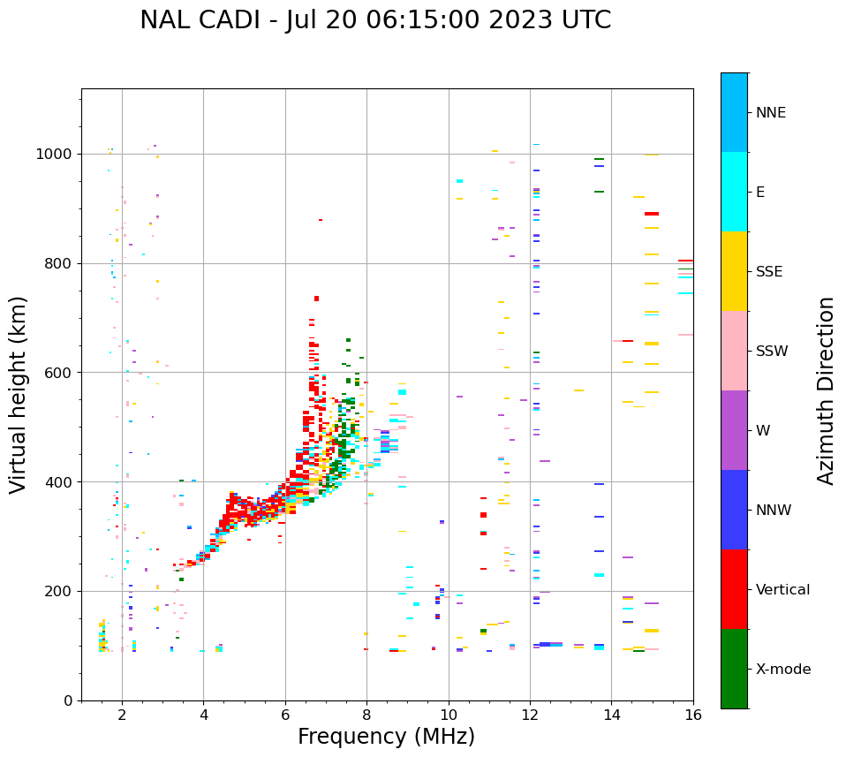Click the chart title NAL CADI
(374, 20)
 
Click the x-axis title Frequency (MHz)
(386, 737)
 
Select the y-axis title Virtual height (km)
(19, 394)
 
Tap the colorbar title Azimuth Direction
(826, 390)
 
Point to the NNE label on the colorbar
(770, 113)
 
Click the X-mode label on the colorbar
(782, 670)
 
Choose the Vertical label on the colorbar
(782, 590)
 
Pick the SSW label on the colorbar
(772, 352)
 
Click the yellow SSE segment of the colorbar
(734, 271)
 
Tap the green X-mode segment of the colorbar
(734, 669)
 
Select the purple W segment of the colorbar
(734, 430)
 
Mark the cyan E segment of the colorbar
(734, 192)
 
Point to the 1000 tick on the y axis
(57, 155)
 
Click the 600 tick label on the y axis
(61, 373)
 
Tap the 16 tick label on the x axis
(693, 715)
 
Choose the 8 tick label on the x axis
(366, 715)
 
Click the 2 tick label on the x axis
(122, 715)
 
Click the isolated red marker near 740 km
(316, 299)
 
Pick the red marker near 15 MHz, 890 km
(652, 214)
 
